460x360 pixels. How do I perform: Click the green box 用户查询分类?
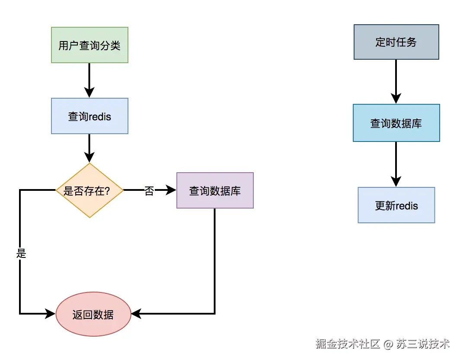(89, 45)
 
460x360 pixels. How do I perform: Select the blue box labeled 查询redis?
(89, 116)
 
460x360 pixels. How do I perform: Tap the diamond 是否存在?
(89, 190)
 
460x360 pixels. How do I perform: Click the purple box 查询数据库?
(215, 190)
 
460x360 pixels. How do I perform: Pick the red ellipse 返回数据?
(93, 314)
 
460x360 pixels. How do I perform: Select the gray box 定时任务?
(396, 42)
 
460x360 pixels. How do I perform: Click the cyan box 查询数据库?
(396, 123)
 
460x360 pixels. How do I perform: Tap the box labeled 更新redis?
(396, 205)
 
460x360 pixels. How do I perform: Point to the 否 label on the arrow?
(149, 191)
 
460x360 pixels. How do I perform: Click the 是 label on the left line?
(21, 254)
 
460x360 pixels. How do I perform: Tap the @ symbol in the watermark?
(388, 344)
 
